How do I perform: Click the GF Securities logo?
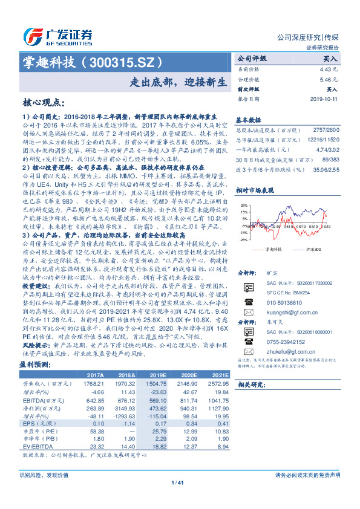58,35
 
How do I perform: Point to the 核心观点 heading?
41,103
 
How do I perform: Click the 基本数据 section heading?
248,120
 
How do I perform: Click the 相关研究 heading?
249,384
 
